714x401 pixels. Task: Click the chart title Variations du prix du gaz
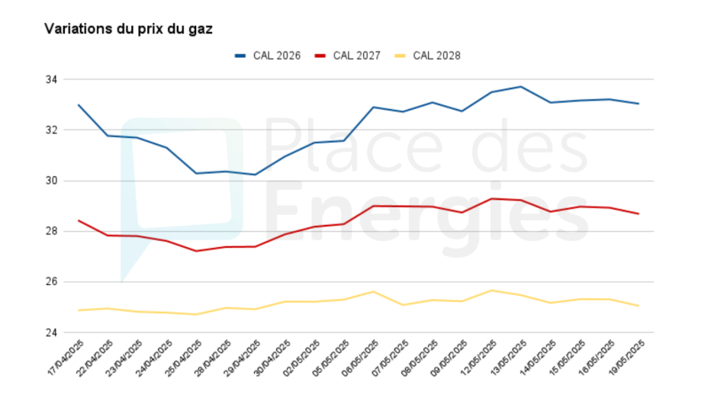(x=128, y=29)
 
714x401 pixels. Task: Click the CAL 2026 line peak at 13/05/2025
(x=520, y=86)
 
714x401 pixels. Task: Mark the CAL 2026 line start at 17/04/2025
(x=79, y=105)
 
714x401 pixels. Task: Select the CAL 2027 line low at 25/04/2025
(x=196, y=251)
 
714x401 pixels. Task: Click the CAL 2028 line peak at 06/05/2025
(x=372, y=291)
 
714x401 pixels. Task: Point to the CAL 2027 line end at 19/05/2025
(x=638, y=213)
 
